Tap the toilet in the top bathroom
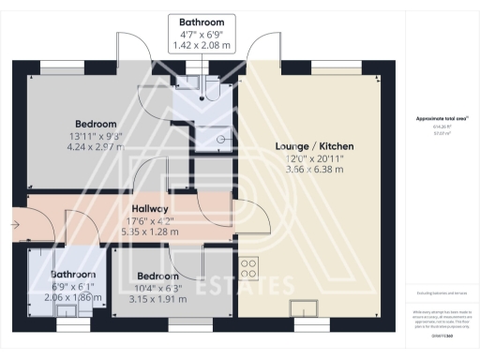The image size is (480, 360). pos(212,89)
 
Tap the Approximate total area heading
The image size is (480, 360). pos(440,118)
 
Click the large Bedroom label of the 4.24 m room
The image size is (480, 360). pos(96,124)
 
